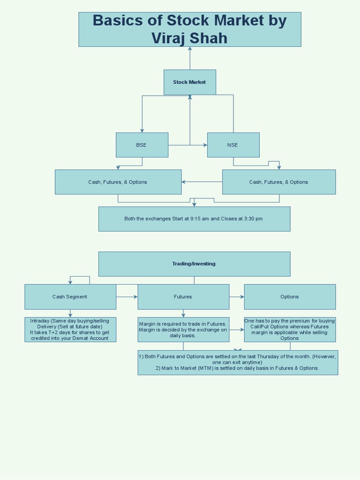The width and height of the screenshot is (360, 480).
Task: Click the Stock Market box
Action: [x=190, y=82]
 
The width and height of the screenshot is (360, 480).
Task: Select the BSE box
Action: [x=142, y=145]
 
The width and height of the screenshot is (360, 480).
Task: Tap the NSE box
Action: [x=233, y=145]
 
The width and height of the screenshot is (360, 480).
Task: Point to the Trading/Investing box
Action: [x=194, y=264]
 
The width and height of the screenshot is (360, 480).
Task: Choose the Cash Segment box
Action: [x=70, y=297]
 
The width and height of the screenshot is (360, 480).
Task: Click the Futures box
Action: [x=183, y=297]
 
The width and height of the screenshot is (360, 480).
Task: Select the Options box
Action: [x=290, y=297]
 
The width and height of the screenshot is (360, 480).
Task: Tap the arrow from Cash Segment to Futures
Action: [x=127, y=297]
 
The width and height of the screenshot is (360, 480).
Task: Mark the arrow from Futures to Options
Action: [x=237, y=297]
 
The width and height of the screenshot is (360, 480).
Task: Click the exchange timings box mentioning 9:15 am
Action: [x=194, y=219]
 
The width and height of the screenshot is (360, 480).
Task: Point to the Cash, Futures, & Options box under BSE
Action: [x=118, y=182]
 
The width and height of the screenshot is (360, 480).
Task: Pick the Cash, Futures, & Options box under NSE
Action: [x=279, y=182]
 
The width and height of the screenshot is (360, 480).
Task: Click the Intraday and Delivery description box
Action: [x=70, y=330]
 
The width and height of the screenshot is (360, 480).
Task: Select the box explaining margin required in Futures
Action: [x=183, y=330]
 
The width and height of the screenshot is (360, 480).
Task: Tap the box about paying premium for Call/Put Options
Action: [x=290, y=330]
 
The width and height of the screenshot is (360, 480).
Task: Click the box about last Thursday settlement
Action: [x=238, y=362]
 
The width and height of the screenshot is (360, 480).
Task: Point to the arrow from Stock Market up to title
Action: [x=190, y=58]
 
